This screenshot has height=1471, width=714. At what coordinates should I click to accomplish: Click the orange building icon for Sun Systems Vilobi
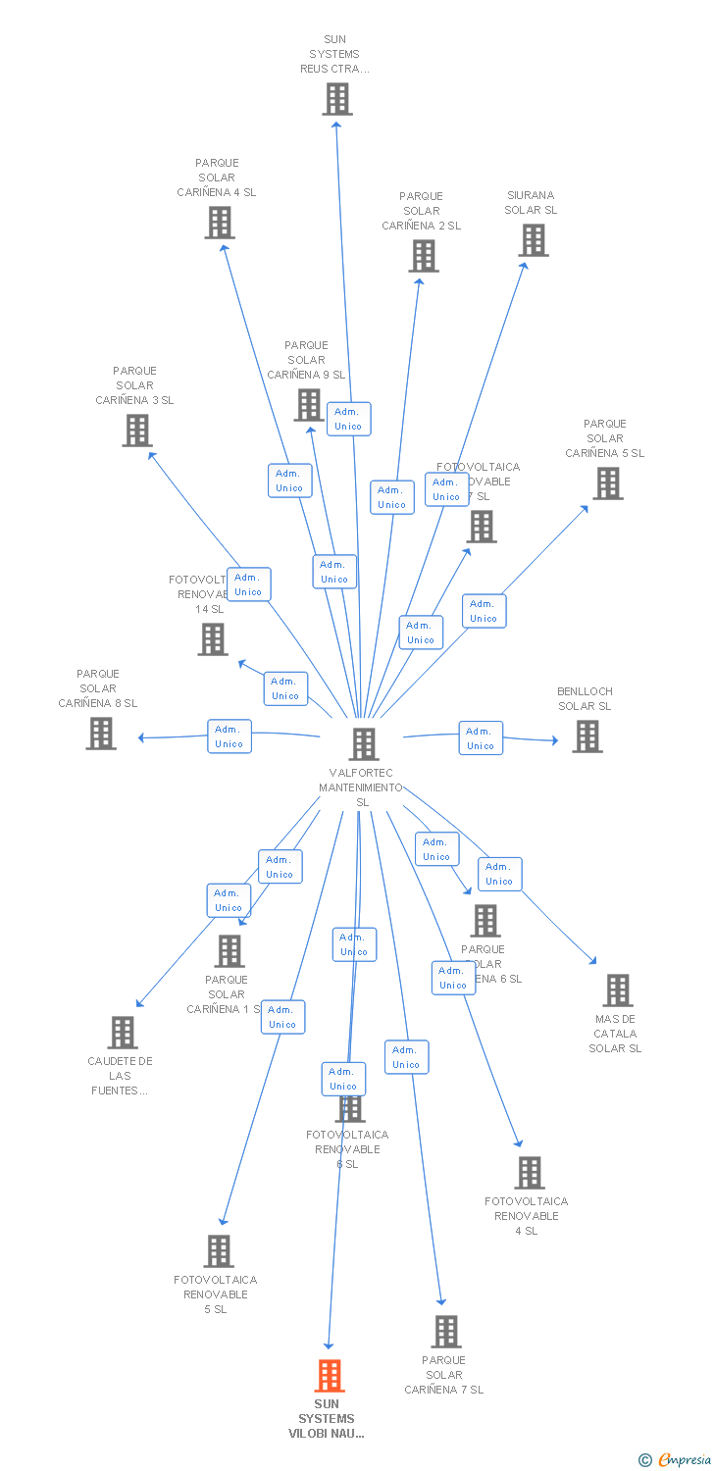330,1376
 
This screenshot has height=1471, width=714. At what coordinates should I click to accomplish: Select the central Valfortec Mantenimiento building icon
364,744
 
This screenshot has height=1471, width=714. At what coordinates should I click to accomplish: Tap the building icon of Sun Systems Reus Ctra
337,99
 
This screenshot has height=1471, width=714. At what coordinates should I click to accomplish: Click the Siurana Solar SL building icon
534,240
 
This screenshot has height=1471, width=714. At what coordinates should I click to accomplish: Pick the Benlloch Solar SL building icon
587,736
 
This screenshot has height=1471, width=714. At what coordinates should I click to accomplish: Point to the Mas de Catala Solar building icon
618,990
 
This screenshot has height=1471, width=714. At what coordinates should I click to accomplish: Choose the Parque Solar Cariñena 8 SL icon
101,734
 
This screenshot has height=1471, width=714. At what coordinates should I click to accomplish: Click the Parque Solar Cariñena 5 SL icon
608,483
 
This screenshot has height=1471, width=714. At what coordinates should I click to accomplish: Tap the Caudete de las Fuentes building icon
123,1033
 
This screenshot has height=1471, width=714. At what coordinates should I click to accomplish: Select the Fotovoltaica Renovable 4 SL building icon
530,1173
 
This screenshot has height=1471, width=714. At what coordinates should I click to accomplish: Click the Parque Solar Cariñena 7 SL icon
447,1332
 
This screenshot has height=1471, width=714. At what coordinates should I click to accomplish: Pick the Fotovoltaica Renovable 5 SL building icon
220,1251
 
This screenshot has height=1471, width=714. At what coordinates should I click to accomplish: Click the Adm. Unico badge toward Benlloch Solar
481,738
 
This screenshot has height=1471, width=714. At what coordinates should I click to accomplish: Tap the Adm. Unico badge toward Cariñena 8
229,736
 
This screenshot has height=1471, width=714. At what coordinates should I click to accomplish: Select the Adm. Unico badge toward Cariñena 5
484,611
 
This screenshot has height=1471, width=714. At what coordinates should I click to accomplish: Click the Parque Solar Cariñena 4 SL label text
217,178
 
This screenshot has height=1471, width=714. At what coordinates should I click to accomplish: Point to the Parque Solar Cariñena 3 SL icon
137,431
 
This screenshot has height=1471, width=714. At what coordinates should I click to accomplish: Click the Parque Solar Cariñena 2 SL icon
424,256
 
